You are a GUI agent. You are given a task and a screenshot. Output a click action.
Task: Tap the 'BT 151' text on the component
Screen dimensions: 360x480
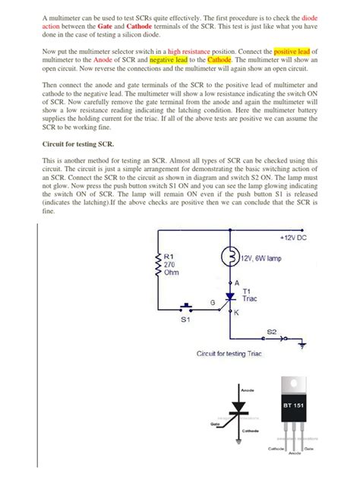click(x=295, y=406)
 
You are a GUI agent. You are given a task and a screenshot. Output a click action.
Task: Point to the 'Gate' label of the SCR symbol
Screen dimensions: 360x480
click(x=215, y=424)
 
